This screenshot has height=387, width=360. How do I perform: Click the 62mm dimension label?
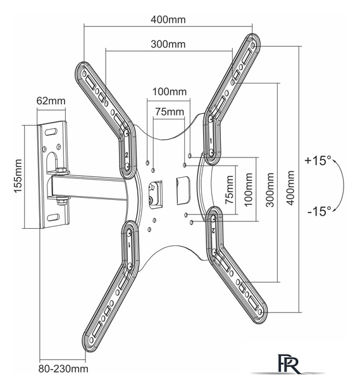pos(51,101)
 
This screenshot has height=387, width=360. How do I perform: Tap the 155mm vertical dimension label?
pos(18,176)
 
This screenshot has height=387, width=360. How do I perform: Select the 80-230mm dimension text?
pos(63,369)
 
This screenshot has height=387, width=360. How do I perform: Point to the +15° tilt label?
pos(318,161)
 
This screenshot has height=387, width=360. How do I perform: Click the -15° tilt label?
pos(319,211)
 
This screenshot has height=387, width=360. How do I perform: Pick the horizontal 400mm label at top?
pos(168,20)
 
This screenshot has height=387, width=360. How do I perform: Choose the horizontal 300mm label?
pos(168,44)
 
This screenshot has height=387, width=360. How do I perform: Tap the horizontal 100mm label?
pos(170,92)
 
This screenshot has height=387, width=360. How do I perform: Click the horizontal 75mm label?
pos(170,112)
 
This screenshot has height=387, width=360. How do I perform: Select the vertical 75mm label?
pos(230,189)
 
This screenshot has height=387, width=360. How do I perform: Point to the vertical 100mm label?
pos(248,189)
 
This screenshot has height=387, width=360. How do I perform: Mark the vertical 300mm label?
pos(270,190)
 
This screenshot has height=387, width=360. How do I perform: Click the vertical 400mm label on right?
pos(291,188)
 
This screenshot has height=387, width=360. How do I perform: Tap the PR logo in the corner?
pos(289,364)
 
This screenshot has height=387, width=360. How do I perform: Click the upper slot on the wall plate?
pos(51,132)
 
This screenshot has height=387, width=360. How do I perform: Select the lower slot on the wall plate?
pos(53,218)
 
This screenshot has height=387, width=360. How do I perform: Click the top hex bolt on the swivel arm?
pos(62,171)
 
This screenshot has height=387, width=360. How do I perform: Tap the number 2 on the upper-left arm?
pos(127,155)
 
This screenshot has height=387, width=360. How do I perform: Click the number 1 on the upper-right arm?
pos(211,141)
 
